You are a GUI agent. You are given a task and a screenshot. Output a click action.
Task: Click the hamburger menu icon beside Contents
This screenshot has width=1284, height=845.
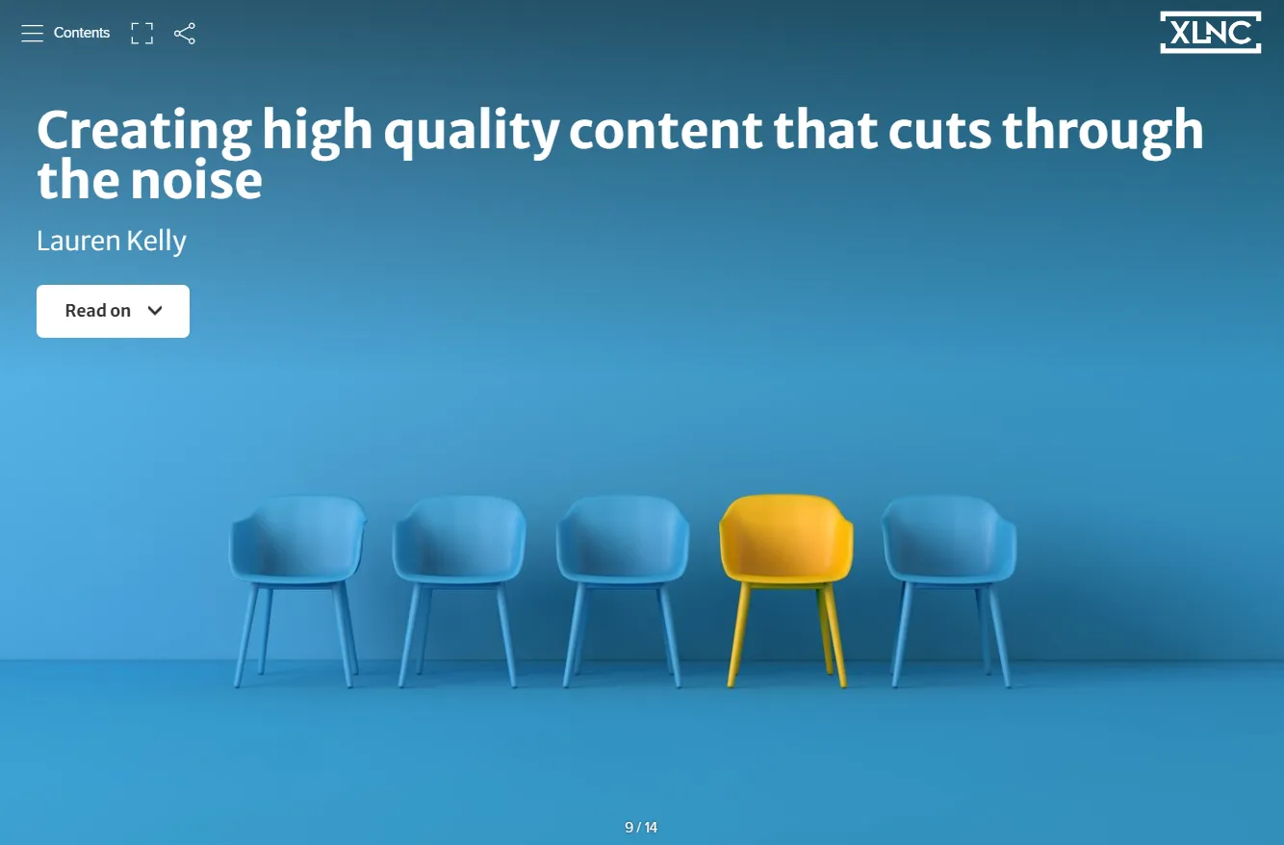click(32, 34)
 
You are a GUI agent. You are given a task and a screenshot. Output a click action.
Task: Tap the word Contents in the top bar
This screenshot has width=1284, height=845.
click(82, 33)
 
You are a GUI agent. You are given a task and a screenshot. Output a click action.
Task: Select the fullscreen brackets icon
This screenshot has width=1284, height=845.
click(141, 34)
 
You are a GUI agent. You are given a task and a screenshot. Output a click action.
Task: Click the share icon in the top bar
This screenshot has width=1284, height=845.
click(185, 34)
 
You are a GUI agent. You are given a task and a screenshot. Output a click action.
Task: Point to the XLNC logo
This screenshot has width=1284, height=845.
click(1210, 33)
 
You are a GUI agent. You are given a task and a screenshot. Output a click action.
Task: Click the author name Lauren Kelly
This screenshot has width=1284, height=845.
click(112, 241)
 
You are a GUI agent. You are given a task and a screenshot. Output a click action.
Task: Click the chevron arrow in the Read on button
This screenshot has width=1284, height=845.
click(155, 311)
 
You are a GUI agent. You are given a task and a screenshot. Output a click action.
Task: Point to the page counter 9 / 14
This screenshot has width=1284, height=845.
click(641, 828)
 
